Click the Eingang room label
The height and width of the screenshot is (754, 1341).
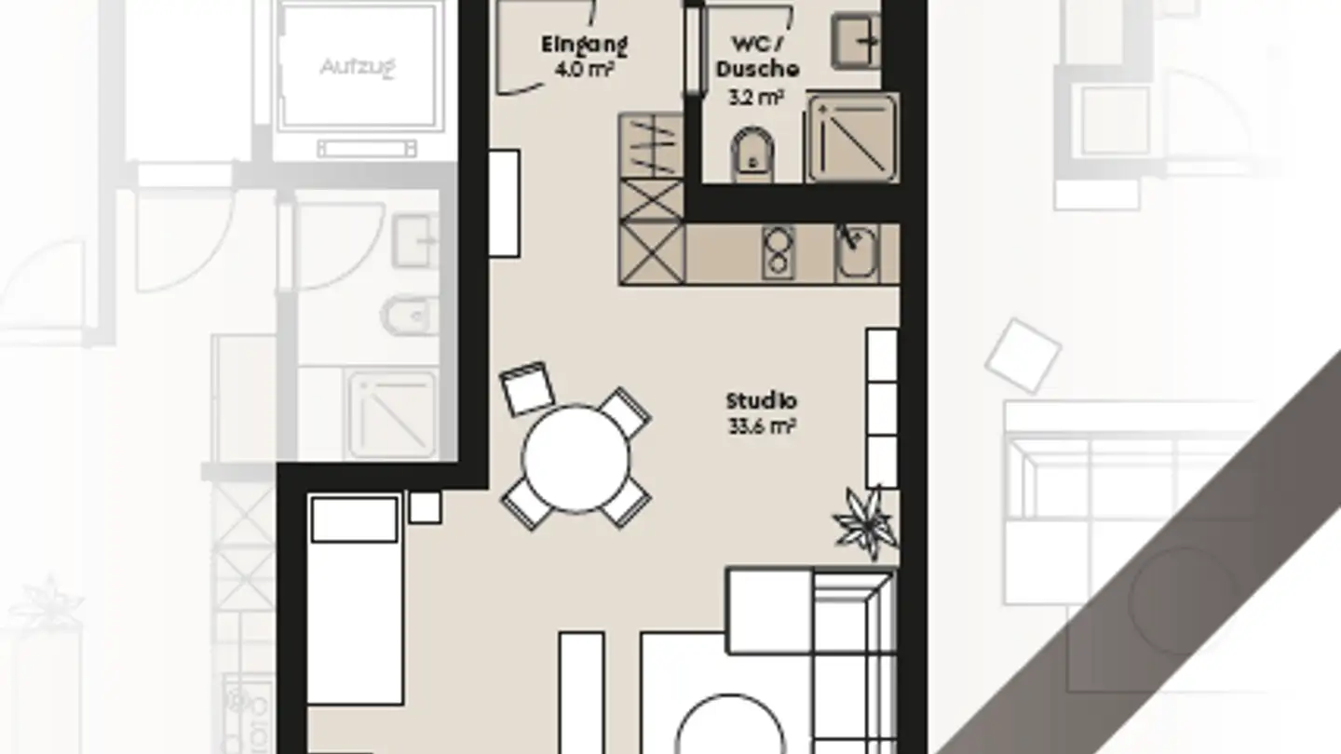584,44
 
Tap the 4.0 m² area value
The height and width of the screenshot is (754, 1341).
584,68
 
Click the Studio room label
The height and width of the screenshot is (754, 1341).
762,401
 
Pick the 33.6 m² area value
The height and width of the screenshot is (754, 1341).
762,427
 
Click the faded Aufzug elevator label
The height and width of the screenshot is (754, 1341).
359,67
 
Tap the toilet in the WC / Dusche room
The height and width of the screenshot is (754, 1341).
752,154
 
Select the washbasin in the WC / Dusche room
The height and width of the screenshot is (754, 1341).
855,41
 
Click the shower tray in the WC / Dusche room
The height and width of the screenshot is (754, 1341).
851,137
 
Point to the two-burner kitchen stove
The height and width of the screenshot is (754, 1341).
778,252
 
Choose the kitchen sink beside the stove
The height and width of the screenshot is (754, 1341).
855,252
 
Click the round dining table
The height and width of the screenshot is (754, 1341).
576,458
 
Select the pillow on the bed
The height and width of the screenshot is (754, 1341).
354,519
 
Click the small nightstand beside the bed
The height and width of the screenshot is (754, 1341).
425,507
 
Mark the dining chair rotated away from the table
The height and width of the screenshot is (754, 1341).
527,387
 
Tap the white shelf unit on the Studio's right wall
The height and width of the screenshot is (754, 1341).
882,407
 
